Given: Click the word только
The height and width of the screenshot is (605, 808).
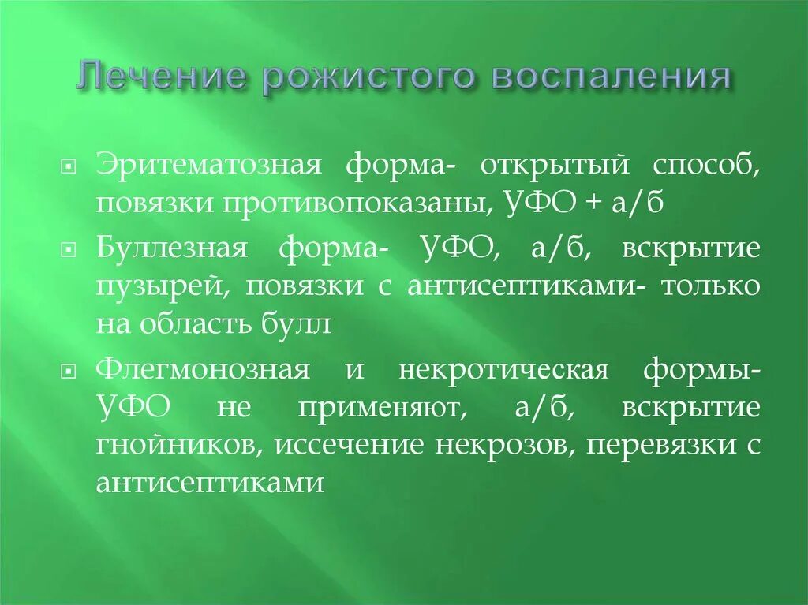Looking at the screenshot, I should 710,286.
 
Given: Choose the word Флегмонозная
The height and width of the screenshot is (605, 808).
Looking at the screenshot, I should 202,368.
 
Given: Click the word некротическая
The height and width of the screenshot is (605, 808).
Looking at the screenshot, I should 503,368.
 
